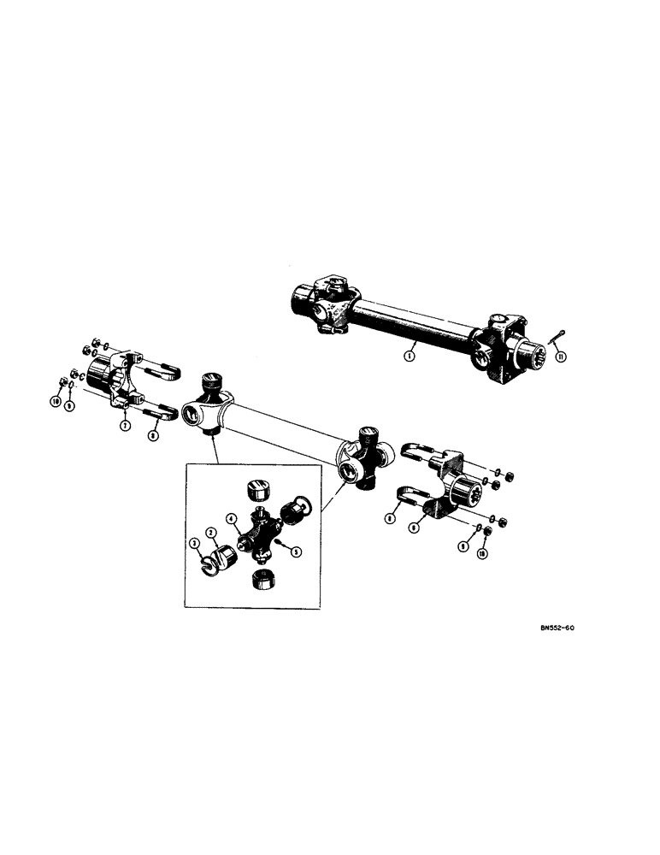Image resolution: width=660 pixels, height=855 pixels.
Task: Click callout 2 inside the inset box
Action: point(210,533)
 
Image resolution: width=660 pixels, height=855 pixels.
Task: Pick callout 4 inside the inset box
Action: point(232,517)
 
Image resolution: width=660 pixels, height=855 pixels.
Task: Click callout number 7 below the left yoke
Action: point(125,425)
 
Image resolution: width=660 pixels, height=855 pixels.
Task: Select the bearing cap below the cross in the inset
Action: point(262,580)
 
